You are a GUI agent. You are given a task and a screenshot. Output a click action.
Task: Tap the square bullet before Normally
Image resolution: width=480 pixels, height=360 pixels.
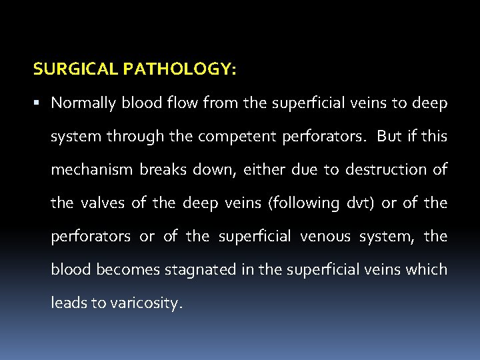39,103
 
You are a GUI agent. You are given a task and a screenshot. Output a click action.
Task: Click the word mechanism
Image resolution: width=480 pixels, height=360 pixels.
91,170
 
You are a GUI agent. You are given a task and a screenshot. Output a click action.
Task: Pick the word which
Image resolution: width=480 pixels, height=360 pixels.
429,270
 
